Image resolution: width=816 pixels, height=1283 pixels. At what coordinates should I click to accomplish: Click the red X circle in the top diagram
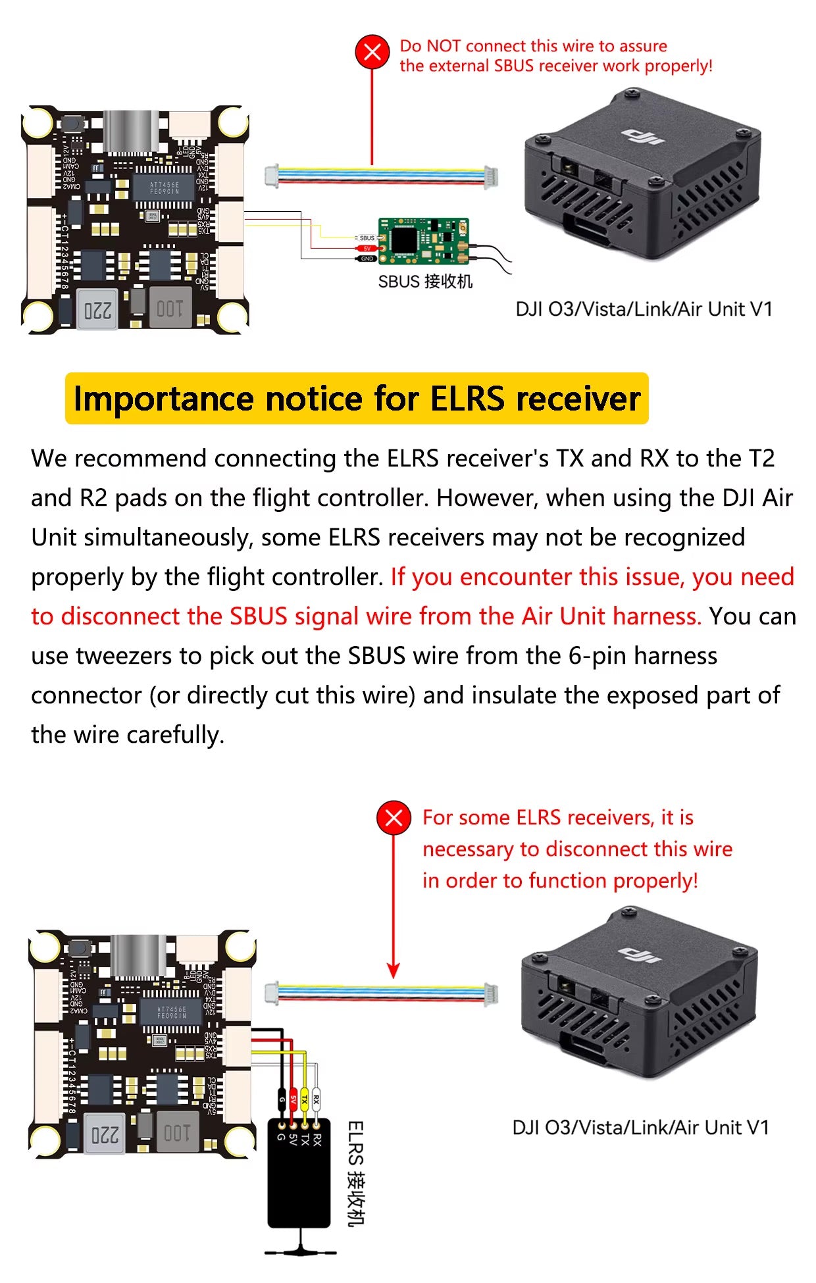pos(372,52)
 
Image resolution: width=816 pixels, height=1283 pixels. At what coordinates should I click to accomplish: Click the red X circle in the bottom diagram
pos(394,818)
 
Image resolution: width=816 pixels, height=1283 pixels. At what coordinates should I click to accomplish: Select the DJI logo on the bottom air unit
pos(640,955)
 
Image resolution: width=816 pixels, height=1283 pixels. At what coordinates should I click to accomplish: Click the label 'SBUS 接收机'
pos(425,282)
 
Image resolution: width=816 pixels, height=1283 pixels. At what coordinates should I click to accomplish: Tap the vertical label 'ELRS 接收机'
pos(355,1174)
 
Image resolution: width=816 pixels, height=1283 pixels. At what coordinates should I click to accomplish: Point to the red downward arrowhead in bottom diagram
pos(394,971)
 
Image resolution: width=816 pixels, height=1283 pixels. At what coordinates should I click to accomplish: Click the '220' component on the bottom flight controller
pos(105,1134)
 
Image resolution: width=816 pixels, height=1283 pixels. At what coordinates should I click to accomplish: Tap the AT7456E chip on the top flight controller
pos(164,188)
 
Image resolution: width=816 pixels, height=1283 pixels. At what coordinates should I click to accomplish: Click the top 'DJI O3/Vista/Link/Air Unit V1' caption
pos(644,309)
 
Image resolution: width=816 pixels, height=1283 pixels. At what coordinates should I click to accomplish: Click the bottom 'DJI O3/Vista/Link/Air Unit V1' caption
pos(640,1127)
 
